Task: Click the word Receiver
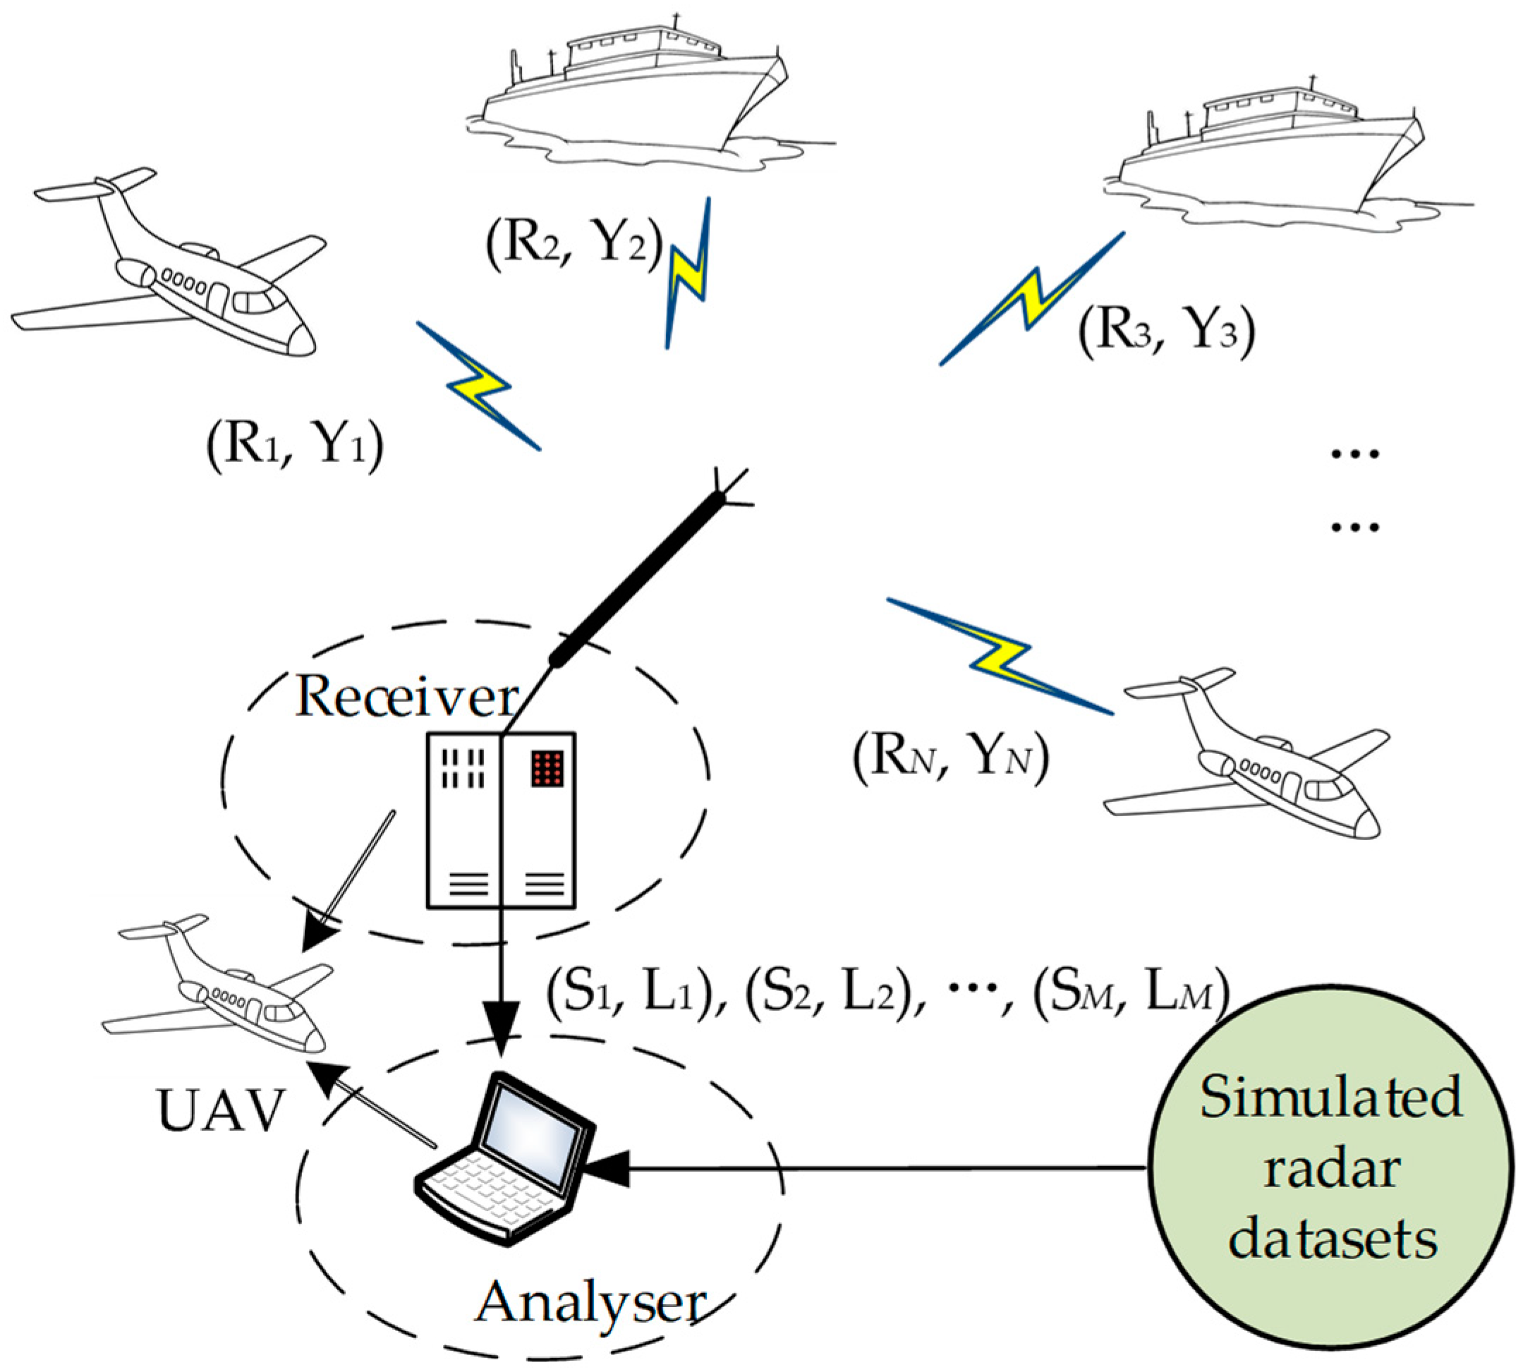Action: click(x=407, y=698)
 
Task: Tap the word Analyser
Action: click(x=591, y=1303)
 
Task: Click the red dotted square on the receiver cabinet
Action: click(x=548, y=770)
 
